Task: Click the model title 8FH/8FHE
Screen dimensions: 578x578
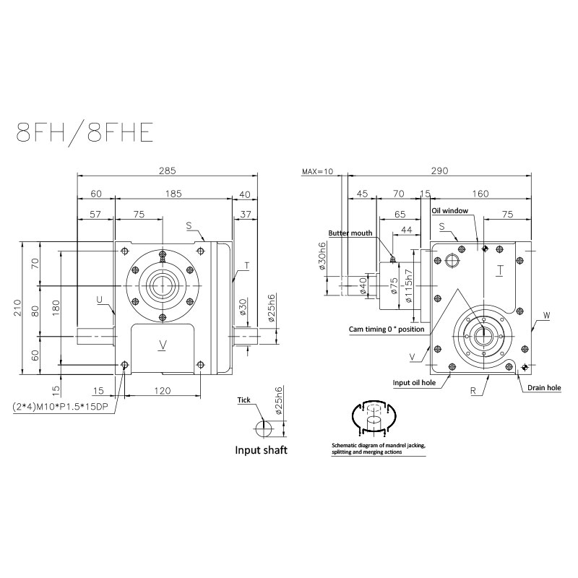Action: tap(85, 134)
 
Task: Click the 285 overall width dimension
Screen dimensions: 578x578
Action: tap(167, 171)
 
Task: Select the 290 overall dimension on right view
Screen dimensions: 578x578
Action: tap(439, 171)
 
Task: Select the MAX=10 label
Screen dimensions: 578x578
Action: tap(317, 171)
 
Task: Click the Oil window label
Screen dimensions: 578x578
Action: tap(450, 210)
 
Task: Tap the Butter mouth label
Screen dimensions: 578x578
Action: tap(350, 233)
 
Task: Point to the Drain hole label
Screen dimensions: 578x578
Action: tap(543, 387)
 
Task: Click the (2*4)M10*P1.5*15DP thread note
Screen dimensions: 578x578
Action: tap(65, 406)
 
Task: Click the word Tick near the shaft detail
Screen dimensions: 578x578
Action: tap(244, 400)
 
